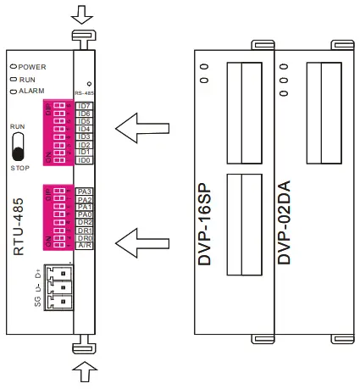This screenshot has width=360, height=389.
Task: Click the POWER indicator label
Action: coord(33,65)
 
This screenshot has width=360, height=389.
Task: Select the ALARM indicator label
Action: coord(33,91)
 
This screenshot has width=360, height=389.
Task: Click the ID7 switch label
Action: coord(84,105)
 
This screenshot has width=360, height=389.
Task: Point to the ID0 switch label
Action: coord(84,159)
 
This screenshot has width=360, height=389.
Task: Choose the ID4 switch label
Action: coord(84,129)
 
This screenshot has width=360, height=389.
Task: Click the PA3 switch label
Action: coord(84,192)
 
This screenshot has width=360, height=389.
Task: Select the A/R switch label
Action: coord(84,247)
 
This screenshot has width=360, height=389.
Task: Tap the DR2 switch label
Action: coord(84,223)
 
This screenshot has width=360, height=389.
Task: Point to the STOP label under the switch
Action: coord(19,168)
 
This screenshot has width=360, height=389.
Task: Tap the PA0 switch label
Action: coord(84,215)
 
